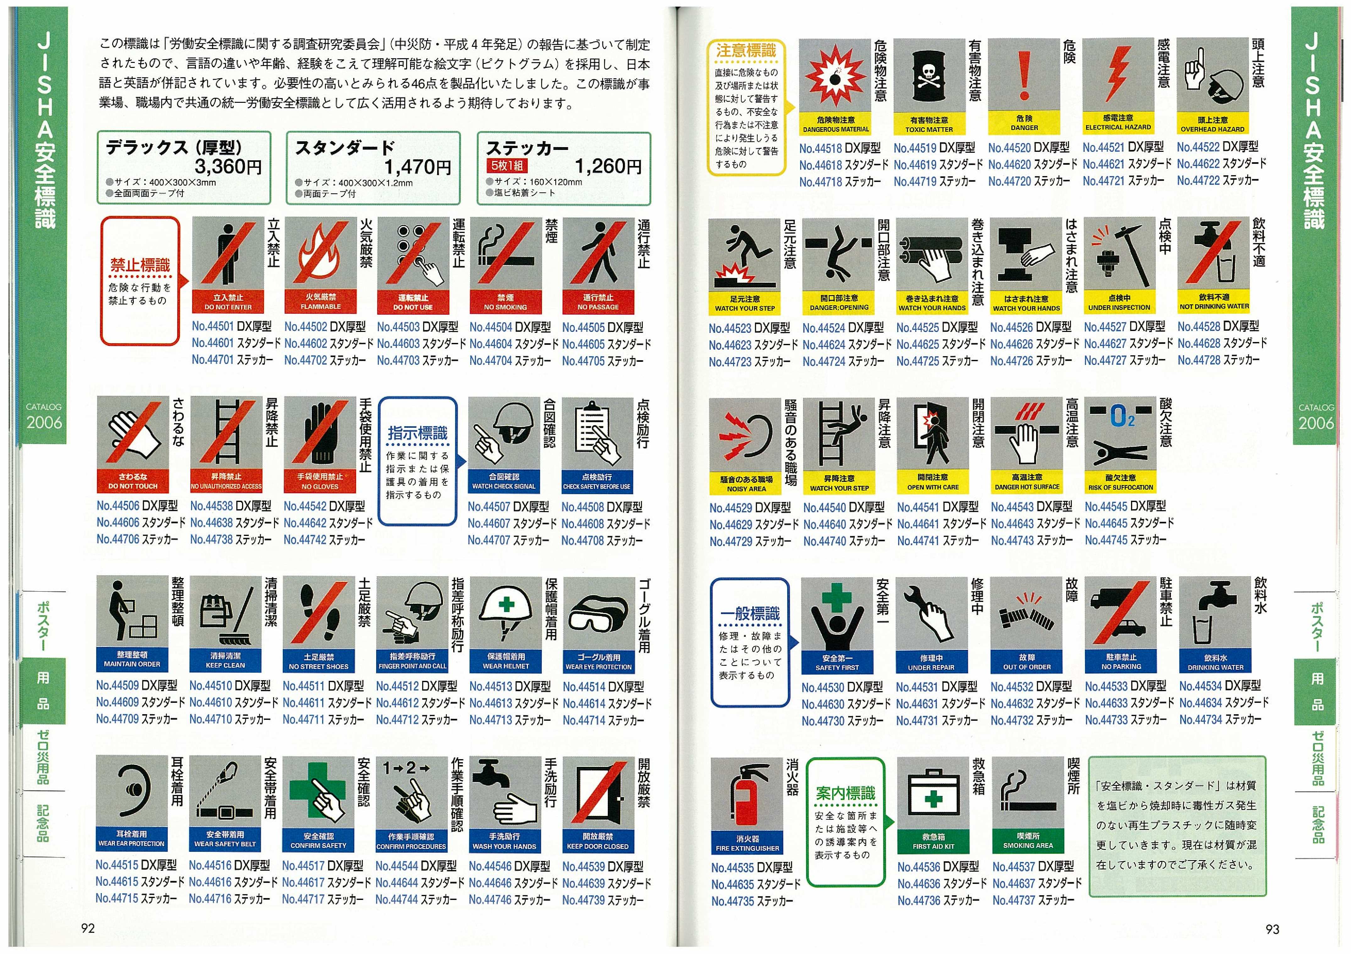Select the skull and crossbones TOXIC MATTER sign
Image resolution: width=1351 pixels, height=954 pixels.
[x=929, y=87]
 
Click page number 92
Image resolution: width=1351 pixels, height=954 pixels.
[x=88, y=929]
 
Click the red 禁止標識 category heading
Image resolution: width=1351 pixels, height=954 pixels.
[x=140, y=265]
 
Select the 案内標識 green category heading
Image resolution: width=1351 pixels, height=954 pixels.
[x=846, y=793]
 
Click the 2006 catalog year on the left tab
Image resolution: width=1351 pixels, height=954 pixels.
[x=44, y=422]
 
